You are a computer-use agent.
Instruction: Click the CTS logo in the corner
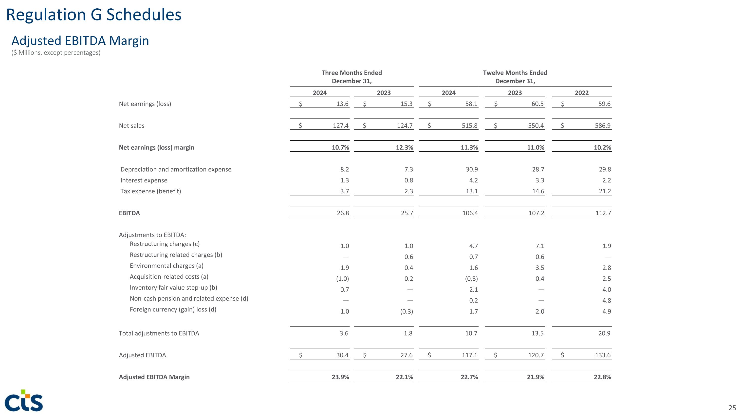[24, 400]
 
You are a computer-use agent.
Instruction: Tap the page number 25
[732, 408]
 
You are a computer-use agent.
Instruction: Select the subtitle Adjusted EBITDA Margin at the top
[80, 41]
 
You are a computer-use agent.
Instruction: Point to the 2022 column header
[581, 93]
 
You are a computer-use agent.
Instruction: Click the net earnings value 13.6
[342, 104]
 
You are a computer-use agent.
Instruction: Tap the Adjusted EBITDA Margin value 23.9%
[340, 377]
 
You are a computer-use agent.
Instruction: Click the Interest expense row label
[144, 180]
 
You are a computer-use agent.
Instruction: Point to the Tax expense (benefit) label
[150, 191]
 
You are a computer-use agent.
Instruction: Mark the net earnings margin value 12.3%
[405, 147]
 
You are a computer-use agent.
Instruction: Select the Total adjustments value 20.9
[604, 333]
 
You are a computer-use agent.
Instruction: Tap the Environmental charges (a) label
[166, 266]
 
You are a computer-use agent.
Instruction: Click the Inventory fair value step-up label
[173, 288]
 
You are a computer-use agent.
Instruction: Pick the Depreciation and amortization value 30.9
[472, 169]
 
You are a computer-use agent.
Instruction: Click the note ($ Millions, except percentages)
[56, 53]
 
